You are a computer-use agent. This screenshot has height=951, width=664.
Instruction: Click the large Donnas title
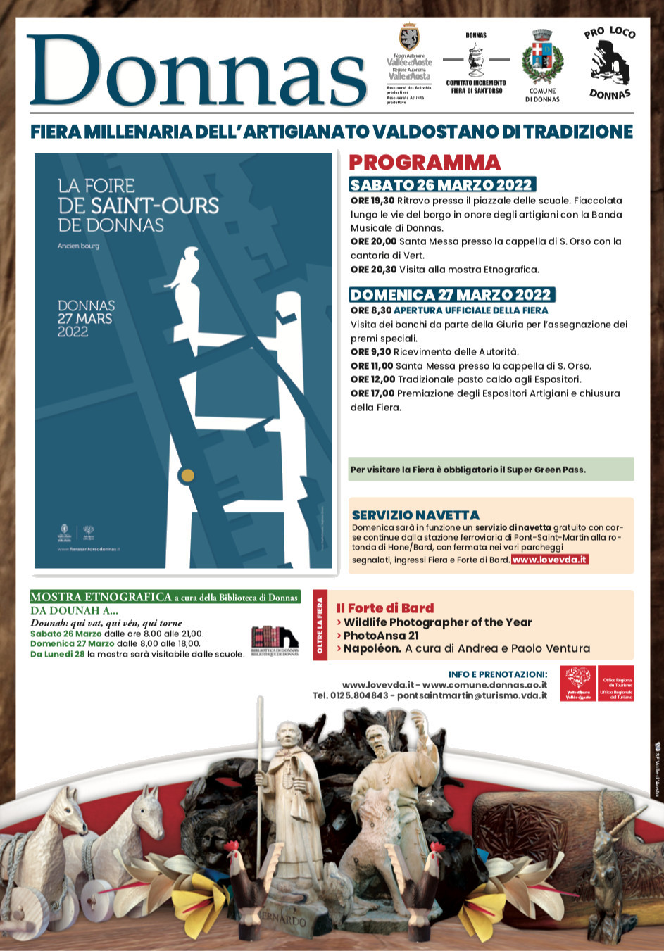(x=197, y=72)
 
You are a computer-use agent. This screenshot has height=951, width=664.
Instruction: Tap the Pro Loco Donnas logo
(x=610, y=63)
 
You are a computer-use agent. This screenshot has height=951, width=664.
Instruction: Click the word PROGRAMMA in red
(x=425, y=163)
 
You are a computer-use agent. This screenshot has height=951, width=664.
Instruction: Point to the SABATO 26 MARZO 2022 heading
(x=442, y=185)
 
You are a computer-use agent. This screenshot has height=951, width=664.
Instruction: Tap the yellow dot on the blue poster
(x=187, y=475)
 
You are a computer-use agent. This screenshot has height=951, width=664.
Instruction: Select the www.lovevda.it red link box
(x=549, y=560)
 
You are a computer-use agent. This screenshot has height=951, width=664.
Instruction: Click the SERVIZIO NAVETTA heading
(x=415, y=515)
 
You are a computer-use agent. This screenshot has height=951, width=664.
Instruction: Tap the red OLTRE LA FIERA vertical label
(x=320, y=625)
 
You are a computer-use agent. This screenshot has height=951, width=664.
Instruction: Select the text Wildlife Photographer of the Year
(x=437, y=622)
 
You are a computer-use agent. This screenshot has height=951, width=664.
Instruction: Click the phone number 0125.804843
(x=361, y=695)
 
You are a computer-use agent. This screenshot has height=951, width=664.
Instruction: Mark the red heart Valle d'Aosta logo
(x=578, y=683)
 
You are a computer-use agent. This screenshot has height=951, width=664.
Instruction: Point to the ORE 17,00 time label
(x=372, y=393)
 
